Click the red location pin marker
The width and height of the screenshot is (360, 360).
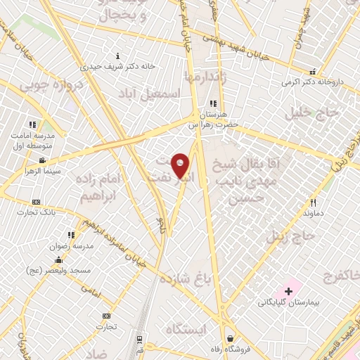tap(181, 165)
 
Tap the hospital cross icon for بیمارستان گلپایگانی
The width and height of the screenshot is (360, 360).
tap(288, 290)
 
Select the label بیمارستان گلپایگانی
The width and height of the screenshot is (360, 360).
tap(288, 302)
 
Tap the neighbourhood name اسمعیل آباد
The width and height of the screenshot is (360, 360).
tap(150, 94)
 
